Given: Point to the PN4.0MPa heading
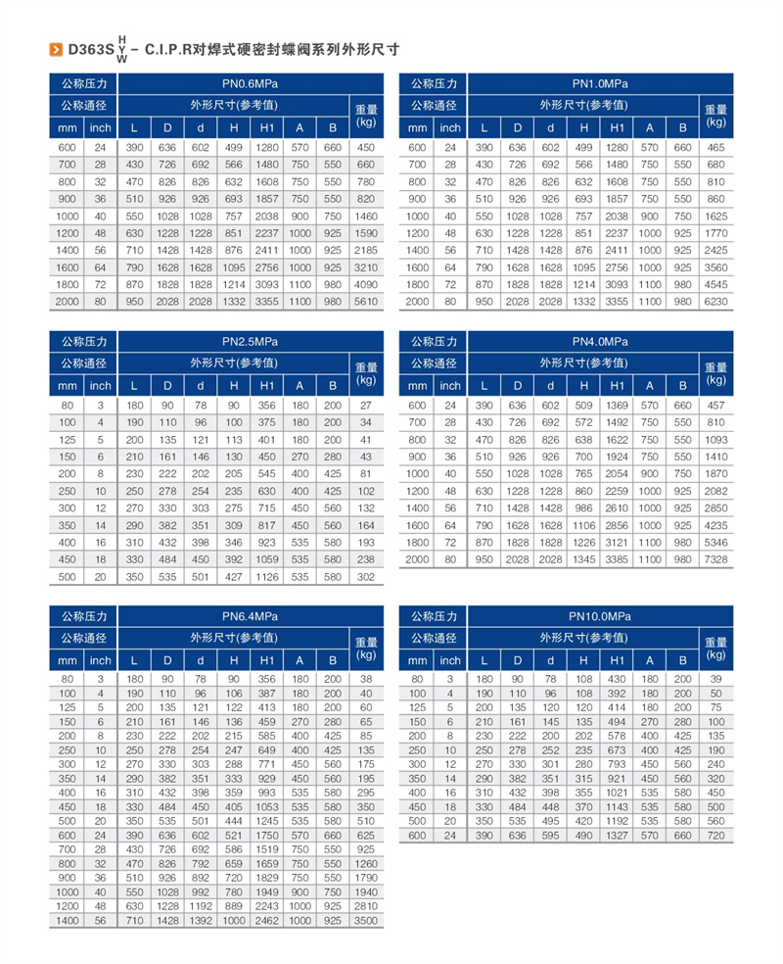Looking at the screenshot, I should [x=600, y=342].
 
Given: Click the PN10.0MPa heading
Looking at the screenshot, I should [x=600, y=616].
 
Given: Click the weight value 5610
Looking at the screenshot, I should [x=366, y=303].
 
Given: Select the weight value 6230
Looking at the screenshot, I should [x=715, y=303].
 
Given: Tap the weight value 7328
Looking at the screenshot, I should [x=715, y=558].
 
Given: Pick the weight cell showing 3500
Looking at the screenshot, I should [x=366, y=922].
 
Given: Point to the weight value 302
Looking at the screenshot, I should [x=366, y=577].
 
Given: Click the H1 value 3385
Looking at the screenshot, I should [x=617, y=558].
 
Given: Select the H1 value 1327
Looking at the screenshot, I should [x=617, y=835].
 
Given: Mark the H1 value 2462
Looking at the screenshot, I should [x=267, y=922].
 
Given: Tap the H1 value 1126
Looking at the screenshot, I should [x=267, y=577].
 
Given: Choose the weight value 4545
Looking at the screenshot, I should [x=715, y=285].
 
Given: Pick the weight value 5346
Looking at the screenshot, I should [x=715, y=542].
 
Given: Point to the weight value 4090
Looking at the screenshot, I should [x=366, y=285].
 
